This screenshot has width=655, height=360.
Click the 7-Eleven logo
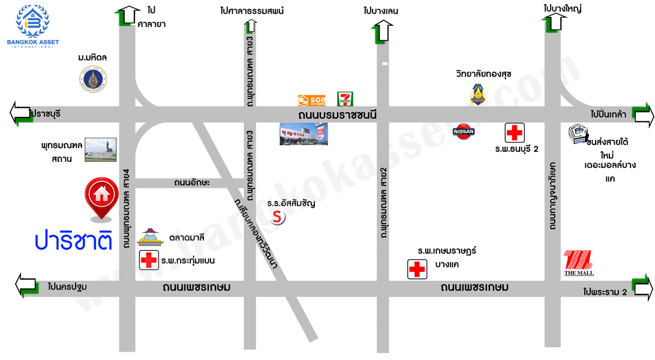(345, 99)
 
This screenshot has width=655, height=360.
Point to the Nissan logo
(462, 131)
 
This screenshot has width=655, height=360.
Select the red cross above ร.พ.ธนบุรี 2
(515, 132)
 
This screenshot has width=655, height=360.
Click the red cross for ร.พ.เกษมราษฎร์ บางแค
(417, 269)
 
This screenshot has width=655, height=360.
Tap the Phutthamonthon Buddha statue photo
(101, 150)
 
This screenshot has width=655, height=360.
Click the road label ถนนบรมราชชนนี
(337, 115)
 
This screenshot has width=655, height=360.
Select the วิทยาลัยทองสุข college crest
(477, 94)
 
